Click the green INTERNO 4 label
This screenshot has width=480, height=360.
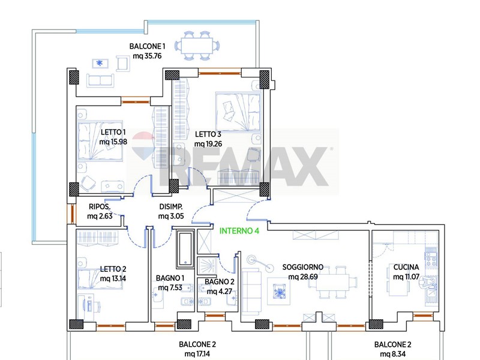239,231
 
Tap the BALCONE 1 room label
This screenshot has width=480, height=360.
147,47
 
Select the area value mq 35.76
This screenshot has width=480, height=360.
147,56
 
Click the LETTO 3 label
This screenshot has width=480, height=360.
208,134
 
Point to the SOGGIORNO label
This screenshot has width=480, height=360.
303,267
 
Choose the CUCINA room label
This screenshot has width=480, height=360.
406,267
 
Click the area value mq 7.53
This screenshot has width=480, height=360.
170,288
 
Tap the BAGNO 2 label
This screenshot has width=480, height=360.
220,281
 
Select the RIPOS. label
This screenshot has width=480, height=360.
100,206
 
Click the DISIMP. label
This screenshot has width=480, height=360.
171,206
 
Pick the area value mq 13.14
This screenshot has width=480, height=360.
113,278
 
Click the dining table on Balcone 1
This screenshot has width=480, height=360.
197,46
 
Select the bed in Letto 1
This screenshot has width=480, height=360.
100,141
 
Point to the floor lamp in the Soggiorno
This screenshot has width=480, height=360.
260,263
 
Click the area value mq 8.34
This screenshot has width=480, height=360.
393,354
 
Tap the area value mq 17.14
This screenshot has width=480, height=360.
197,354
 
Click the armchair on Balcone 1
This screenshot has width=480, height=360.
123,64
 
